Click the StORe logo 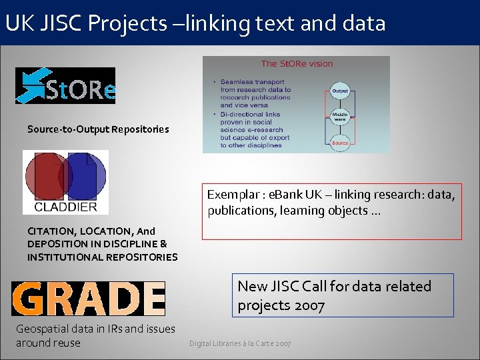[65, 86]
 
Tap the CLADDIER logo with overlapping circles [65, 181]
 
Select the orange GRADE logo [88, 298]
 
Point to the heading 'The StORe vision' [297, 64]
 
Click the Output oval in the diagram [340, 91]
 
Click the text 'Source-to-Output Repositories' [98, 129]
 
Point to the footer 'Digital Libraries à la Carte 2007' [240, 343]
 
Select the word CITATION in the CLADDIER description [51, 231]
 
